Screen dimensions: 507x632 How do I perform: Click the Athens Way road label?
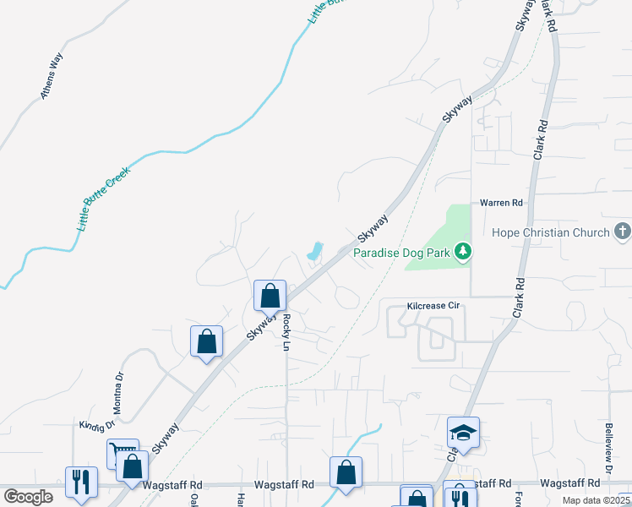point(52,77)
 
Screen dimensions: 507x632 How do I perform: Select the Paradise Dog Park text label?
point(401,252)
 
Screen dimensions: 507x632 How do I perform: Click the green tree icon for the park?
point(462,251)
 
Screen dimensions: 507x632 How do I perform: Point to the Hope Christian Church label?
point(551,232)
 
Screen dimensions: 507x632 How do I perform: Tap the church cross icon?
point(622,231)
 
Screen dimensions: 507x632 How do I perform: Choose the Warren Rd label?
point(502,203)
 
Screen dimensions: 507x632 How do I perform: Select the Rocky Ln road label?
point(287,333)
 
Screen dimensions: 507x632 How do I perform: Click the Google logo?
point(28,496)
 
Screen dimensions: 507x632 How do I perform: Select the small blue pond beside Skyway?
point(313,251)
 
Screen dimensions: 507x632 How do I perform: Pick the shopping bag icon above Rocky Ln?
point(270,297)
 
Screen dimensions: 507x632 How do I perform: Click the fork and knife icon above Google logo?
point(82,482)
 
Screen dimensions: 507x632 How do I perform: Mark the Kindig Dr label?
point(95,424)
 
